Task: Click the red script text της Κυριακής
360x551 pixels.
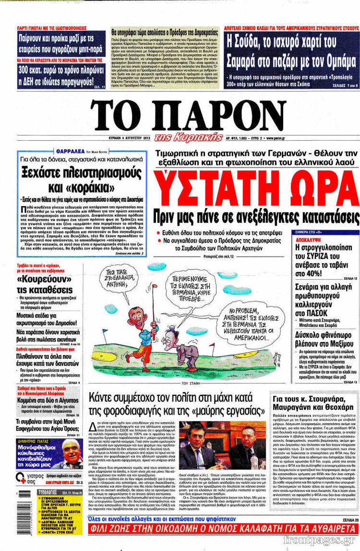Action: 188,137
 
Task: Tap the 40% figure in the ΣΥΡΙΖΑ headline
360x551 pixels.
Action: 339,273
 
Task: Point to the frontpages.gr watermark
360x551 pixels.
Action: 327,541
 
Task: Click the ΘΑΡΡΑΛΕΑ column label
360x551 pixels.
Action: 72,151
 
